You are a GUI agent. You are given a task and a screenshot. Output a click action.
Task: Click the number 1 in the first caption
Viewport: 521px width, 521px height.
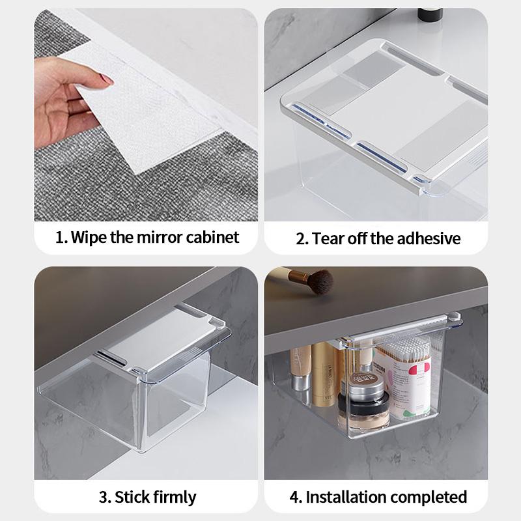point(59,237)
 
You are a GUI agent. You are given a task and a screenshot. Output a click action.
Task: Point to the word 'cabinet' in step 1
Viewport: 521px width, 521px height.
point(211,237)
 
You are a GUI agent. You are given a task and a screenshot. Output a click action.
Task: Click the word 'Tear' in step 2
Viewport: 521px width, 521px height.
point(329,238)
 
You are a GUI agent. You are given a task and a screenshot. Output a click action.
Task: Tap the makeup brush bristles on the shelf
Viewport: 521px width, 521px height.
point(320,282)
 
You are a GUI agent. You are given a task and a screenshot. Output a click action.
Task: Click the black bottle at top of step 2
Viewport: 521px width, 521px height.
point(430,12)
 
